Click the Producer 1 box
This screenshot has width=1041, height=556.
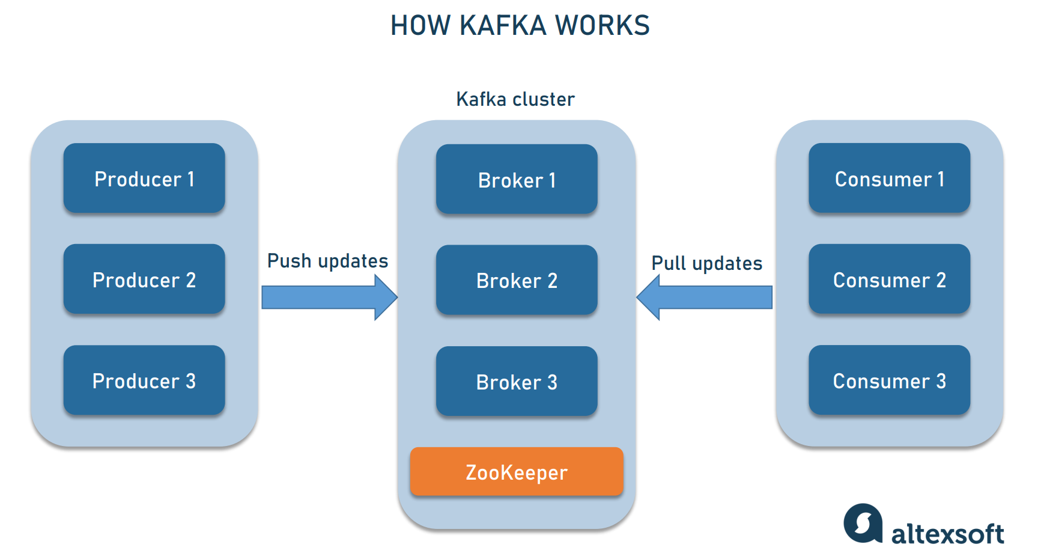(144, 179)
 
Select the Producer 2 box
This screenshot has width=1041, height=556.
(144, 280)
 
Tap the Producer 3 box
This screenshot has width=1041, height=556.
(144, 380)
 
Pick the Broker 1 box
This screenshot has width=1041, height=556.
(517, 180)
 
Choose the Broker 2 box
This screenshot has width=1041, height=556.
(517, 280)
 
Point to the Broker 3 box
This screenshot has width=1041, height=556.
(517, 382)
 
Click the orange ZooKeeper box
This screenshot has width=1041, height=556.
(517, 472)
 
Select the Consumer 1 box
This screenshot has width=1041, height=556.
(889, 179)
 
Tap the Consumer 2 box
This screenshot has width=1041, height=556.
(889, 280)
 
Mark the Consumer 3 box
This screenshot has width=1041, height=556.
(889, 380)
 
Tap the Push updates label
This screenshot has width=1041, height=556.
(327, 261)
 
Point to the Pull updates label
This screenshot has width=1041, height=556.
(706, 263)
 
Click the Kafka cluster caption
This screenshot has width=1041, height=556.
(515, 99)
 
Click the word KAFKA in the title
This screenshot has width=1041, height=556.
(503, 26)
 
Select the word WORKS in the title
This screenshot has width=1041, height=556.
(602, 26)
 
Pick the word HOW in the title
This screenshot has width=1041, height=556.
(420, 26)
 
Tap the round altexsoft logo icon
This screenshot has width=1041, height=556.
(863, 523)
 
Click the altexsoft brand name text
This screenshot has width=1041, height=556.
(947, 534)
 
